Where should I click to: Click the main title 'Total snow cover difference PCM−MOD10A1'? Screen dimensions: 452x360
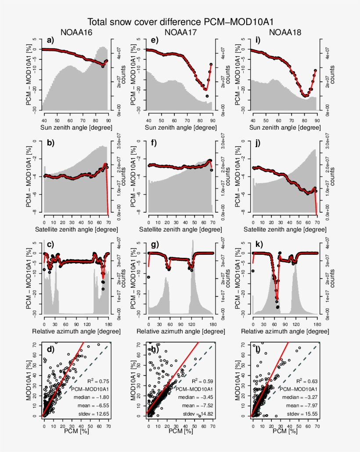click(x=183, y=22)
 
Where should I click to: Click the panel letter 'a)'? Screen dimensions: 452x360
click(x=50, y=41)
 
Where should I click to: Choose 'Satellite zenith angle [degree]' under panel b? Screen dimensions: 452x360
click(x=76, y=229)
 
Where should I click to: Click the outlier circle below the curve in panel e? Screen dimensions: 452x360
click(x=207, y=96)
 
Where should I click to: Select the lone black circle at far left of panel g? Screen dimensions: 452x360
click(x=148, y=277)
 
